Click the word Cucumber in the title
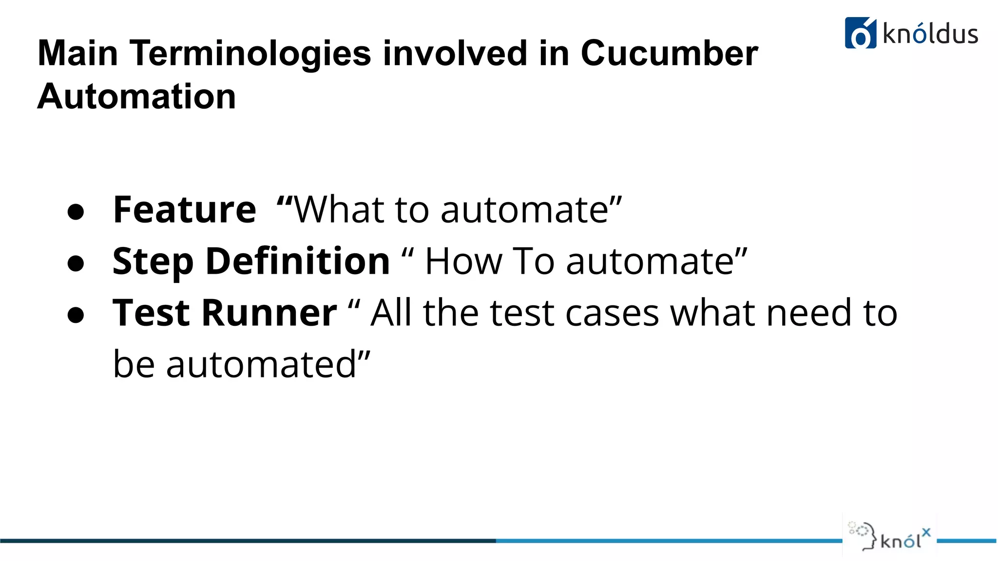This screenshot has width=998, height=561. [x=669, y=53]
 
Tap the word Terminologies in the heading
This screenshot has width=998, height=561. [x=250, y=53]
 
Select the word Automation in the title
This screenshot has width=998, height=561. [x=136, y=96]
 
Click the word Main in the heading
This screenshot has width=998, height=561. [x=77, y=53]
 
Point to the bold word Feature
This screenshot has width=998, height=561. [x=184, y=210]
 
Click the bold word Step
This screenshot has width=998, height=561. [x=153, y=262]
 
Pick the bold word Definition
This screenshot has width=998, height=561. [x=298, y=261]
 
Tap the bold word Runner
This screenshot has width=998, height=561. [x=269, y=313]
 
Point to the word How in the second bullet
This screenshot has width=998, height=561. [x=463, y=262]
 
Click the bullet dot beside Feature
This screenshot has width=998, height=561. [x=76, y=212]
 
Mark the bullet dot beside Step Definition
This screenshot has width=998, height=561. [x=76, y=264]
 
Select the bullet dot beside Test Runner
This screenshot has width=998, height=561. [x=76, y=315]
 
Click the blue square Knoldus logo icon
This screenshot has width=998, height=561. [x=861, y=33]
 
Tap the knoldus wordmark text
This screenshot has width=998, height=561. [x=930, y=34]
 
